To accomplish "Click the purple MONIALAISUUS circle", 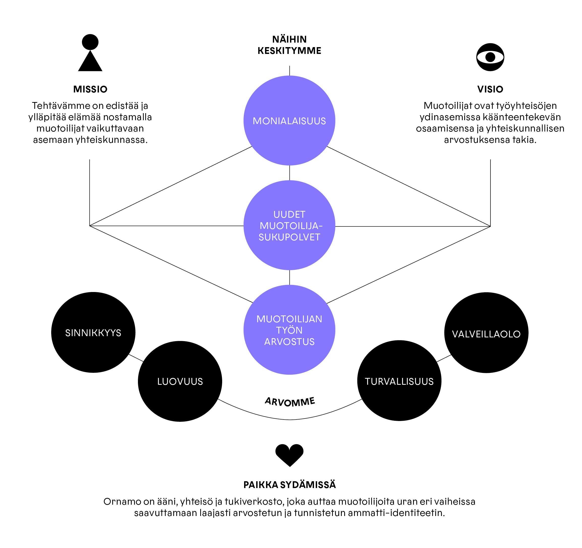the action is (x=289, y=120).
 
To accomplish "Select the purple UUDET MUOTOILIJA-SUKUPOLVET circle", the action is (x=289, y=225).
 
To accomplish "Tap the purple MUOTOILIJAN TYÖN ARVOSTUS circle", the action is (x=289, y=330).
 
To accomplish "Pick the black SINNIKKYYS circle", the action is (x=93, y=332).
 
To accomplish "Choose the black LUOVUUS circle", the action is (x=180, y=381).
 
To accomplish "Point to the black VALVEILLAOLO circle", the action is (x=486, y=333).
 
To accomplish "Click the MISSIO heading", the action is (x=90, y=89).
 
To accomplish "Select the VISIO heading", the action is (x=490, y=89).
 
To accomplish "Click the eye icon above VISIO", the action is (x=490, y=57).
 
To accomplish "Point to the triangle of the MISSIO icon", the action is (x=90, y=61).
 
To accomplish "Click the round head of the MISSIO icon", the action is (x=90, y=42).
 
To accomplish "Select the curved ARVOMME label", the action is (x=289, y=402).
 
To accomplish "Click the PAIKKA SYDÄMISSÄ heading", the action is (x=289, y=485).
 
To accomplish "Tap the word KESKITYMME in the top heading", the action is (x=289, y=51).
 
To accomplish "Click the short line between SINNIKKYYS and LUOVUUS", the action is (x=136, y=358).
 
